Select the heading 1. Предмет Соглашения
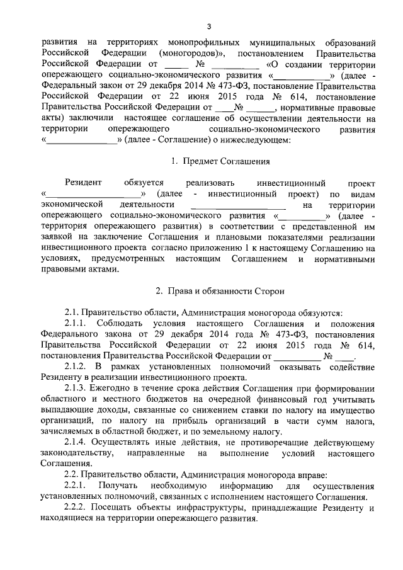coord(209,162)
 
